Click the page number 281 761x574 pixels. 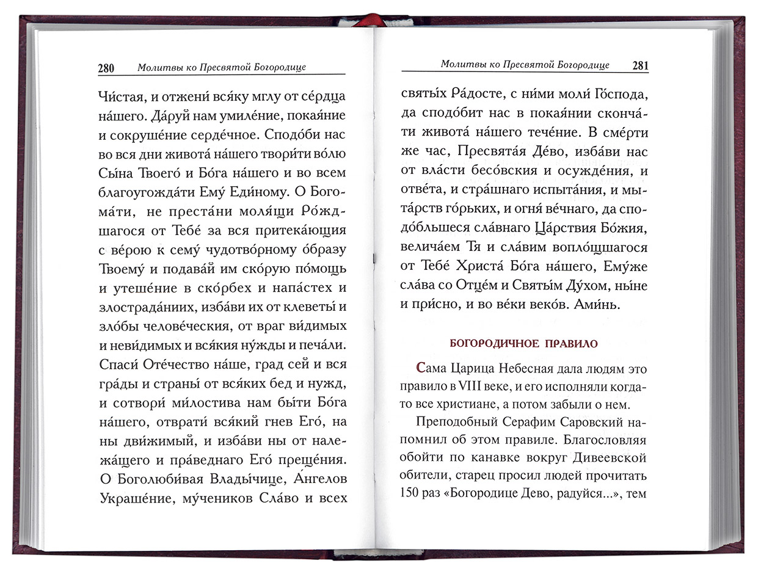(640, 65)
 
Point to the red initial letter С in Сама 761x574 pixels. (419, 369)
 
